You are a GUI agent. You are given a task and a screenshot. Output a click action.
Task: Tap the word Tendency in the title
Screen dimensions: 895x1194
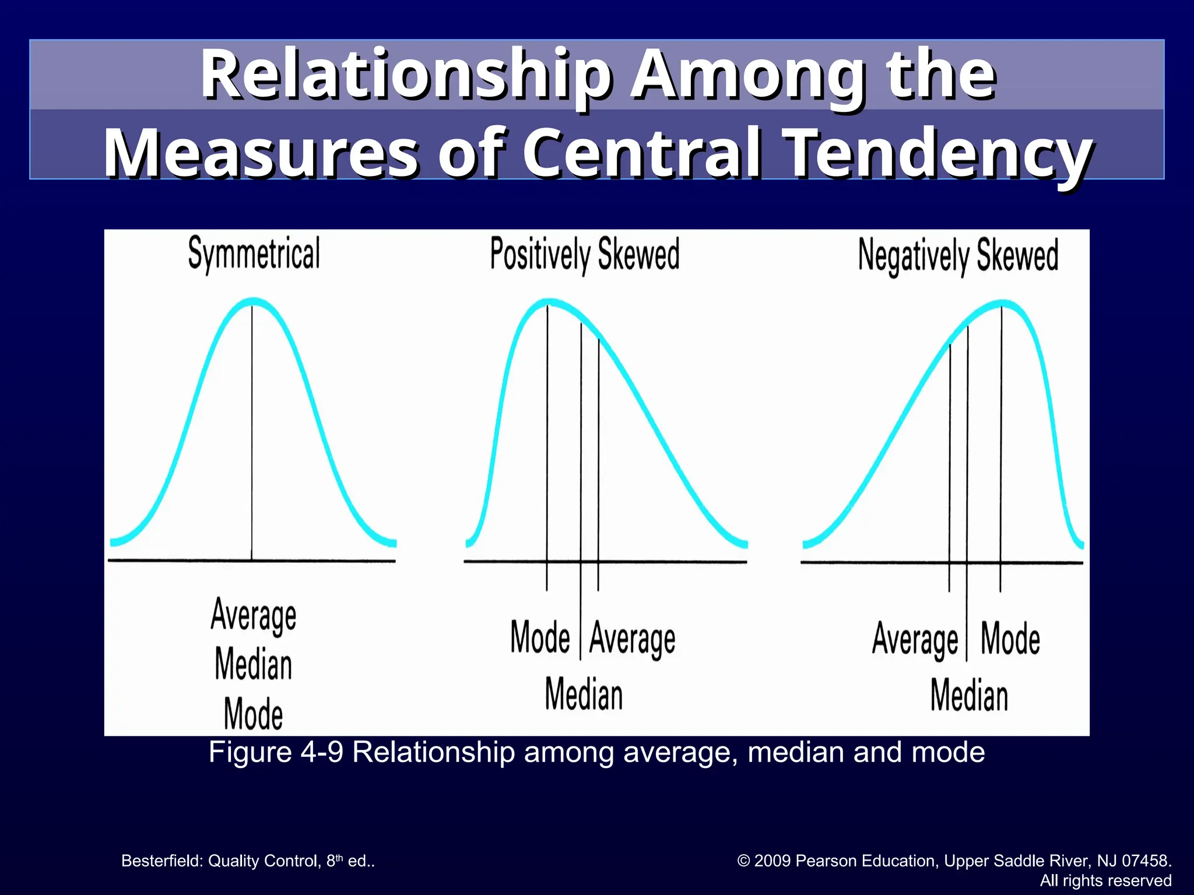[x=938, y=153]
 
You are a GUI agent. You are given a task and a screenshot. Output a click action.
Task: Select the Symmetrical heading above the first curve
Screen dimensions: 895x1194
[x=254, y=254]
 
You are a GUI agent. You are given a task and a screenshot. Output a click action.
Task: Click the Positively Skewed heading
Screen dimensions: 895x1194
[x=585, y=255]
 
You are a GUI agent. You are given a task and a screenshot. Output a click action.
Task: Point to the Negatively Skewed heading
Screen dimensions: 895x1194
[x=958, y=256]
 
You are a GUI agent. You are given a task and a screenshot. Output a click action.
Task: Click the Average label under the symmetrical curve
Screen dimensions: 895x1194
[x=254, y=615]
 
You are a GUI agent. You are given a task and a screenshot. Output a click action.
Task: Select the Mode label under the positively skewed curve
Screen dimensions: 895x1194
[x=540, y=637]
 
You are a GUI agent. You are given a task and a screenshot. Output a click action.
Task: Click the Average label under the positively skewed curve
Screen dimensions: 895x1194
[x=633, y=639]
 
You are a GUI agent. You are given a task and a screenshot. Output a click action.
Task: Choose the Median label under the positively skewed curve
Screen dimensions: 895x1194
[x=584, y=695]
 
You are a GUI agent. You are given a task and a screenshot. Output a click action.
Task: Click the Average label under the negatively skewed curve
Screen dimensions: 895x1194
[x=915, y=639]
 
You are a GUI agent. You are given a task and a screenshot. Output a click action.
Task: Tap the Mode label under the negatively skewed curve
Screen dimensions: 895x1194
[x=1010, y=639]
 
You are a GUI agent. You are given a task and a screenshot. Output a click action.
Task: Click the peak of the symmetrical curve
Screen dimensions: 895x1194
[x=252, y=302]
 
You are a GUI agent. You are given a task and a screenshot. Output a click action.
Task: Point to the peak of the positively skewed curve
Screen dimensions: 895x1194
[x=548, y=302]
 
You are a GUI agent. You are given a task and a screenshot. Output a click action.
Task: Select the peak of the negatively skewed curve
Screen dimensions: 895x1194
[x=1002, y=304]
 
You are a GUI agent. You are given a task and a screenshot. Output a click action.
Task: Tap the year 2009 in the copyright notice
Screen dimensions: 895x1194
[x=772, y=861]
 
